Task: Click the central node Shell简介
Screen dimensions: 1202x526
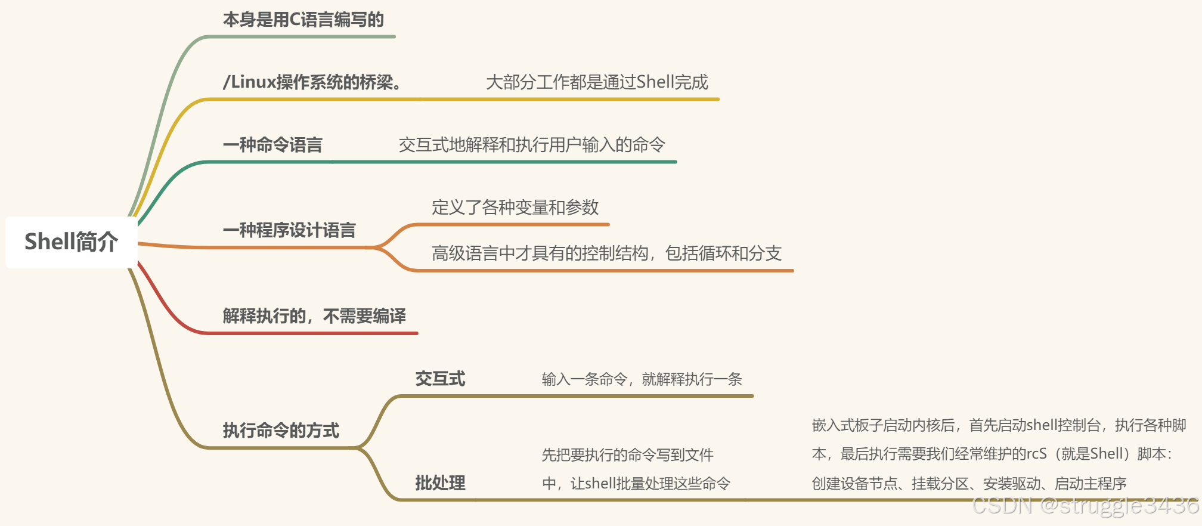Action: (x=71, y=242)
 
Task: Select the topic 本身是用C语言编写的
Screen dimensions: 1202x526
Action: (x=303, y=20)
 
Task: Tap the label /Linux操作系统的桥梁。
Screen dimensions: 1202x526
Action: (x=312, y=82)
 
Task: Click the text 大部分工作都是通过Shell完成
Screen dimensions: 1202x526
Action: (x=597, y=82)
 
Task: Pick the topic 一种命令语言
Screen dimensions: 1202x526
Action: (x=272, y=145)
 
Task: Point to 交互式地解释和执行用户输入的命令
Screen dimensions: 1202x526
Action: (x=532, y=145)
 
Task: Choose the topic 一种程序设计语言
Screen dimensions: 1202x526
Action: (x=289, y=230)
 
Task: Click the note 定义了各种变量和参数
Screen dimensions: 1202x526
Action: (x=515, y=208)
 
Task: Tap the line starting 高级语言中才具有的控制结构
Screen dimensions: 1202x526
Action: (x=606, y=253)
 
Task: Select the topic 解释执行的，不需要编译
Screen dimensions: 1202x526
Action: (x=314, y=316)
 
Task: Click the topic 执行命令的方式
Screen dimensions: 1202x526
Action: (x=281, y=431)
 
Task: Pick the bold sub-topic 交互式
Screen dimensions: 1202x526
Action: (x=440, y=379)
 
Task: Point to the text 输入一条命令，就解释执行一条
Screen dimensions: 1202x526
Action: (x=642, y=379)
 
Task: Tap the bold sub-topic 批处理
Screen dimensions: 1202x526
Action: (x=440, y=483)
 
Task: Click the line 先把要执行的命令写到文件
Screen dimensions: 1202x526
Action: (x=627, y=455)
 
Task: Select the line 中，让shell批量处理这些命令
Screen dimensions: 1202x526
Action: (x=636, y=484)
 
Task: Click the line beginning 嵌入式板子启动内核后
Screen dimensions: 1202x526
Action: (x=999, y=425)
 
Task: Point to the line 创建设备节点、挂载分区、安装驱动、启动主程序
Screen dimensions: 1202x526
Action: (x=969, y=484)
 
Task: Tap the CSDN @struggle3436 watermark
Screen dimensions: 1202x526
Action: (x=1085, y=506)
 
